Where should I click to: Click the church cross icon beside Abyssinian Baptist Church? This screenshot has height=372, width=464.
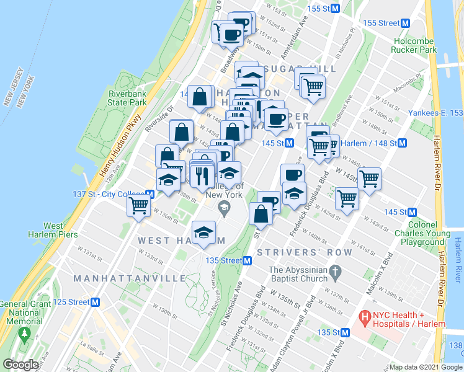tap(336, 271)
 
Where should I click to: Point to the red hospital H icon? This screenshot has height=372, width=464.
tap(365, 317)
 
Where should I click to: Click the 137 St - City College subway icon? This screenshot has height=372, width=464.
tap(149, 195)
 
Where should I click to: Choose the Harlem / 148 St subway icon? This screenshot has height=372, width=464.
tap(402, 143)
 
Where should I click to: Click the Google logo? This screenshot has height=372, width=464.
tap(21, 365)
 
